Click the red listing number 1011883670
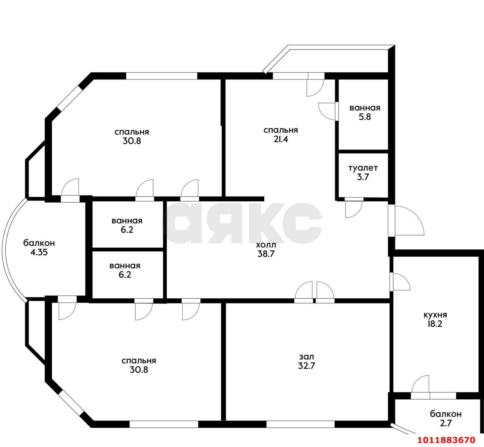[447, 440]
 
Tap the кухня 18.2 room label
[435, 319]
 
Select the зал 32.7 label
[307, 361]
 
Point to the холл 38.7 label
[266, 249]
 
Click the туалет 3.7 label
[363, 173]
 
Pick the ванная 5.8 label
[365, 112]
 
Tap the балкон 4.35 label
[39, 248]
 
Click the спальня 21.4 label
[281, 135]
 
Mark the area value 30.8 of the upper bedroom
[132, 141]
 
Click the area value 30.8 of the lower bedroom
[139, 370]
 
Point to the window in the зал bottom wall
[300, 424]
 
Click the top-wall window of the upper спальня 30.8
[161, 76]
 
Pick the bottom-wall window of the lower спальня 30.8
[164, 424]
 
